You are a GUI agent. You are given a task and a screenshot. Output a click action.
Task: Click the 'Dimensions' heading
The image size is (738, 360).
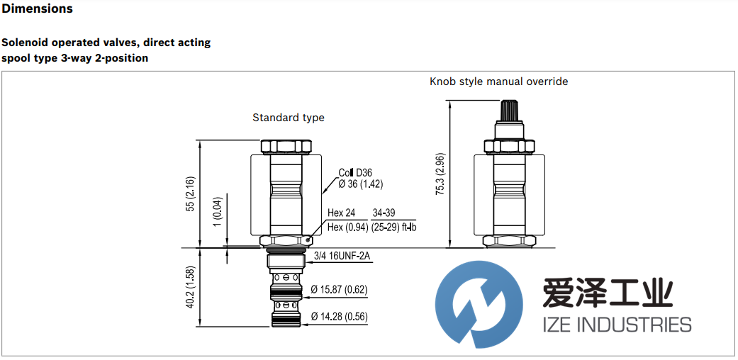[37, 9]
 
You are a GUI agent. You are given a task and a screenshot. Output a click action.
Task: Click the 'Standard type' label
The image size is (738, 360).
[289, 118]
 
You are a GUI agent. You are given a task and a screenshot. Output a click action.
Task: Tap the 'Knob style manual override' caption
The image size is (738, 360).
[498, 81]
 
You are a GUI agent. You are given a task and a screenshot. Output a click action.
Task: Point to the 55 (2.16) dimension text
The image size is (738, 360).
[190, 193]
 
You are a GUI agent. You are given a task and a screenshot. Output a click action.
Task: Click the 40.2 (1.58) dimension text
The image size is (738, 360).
[190, 288]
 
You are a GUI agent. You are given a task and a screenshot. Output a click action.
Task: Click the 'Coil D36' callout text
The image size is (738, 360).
[354, 172]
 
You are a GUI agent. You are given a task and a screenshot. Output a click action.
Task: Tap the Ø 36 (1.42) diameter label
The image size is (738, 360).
[361, 184]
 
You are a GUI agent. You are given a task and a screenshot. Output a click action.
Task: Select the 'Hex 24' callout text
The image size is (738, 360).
[341, 213]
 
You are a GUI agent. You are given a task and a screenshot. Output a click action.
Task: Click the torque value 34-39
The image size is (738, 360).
[385, 213]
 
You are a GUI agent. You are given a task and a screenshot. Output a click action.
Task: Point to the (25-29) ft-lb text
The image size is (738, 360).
[394, 227]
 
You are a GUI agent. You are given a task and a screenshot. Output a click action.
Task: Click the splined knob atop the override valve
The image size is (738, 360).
[508, 112]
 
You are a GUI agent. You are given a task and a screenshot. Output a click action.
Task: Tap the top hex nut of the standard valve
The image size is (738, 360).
[287, 147]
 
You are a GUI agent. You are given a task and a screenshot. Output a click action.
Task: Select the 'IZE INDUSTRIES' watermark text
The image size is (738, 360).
[616, 325]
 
